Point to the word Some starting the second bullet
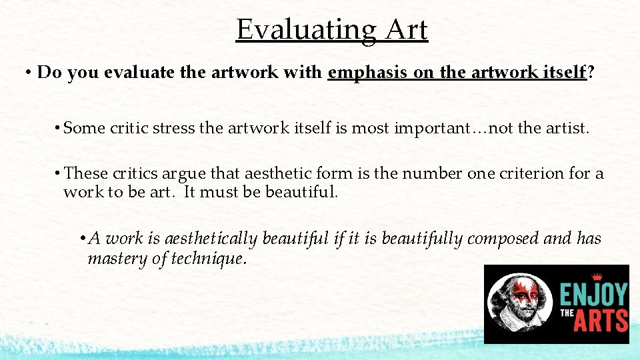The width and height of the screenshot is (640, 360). tap(85, 127)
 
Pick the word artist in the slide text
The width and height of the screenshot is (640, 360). tap(566, 127)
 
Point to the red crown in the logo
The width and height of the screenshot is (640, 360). tap(597, 277)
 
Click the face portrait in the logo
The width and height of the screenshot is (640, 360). tap(518, 303)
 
